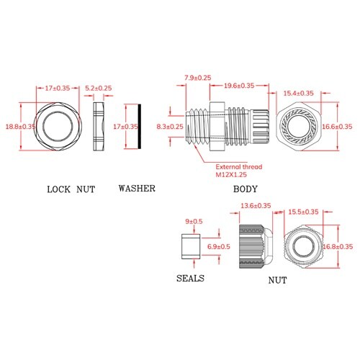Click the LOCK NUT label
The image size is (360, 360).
click(x=71, y=189)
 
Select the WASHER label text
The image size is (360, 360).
click(x=137, y=189)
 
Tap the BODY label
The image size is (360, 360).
click(x=246, y=189)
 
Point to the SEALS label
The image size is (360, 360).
click(x=190, y=279)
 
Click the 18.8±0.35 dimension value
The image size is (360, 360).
click(x=20, y=127)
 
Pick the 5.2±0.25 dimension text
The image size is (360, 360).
click(x=99, y=88)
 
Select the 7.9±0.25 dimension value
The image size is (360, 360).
click(x=198, y=78)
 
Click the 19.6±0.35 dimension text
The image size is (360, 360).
click(x=239, y=86)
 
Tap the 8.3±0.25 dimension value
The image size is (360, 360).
click(x=170, y=127)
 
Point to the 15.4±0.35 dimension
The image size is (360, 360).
click(x=299, y=94)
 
